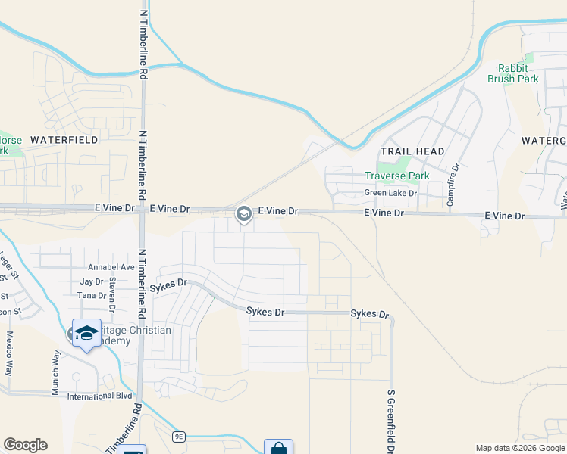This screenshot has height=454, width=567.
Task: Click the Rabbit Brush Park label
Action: (518, 73)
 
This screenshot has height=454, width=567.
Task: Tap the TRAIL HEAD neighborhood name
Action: (412, 151)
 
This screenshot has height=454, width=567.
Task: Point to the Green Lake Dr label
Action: (391, 193)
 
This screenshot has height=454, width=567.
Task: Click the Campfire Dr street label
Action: (456, 178)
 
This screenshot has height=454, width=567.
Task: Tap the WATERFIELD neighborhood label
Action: (64, 140)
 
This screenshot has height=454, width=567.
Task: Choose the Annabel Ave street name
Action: (111, 267)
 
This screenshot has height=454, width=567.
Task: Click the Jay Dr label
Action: (91, 281)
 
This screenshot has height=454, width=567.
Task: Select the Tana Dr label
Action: (92, 295)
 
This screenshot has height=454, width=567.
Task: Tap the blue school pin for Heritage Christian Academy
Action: (86, 333)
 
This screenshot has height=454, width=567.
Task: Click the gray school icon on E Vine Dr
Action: (244, 214)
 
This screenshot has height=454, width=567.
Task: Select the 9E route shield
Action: (179, 437)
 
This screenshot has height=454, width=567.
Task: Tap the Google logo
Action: (25, 445)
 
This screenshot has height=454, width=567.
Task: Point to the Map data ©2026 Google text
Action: (519, 448)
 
